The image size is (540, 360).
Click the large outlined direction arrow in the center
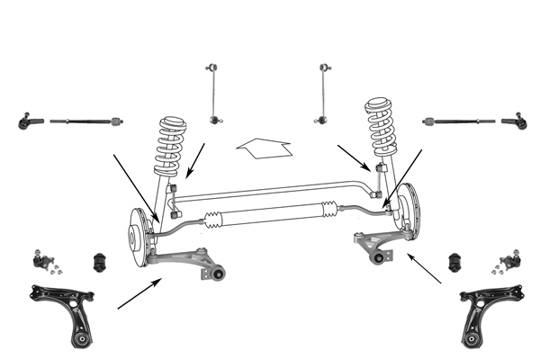(264, 147)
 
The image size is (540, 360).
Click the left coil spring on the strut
(168, 144)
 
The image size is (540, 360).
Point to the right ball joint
(505, 262)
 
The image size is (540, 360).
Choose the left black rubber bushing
(103, 261)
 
